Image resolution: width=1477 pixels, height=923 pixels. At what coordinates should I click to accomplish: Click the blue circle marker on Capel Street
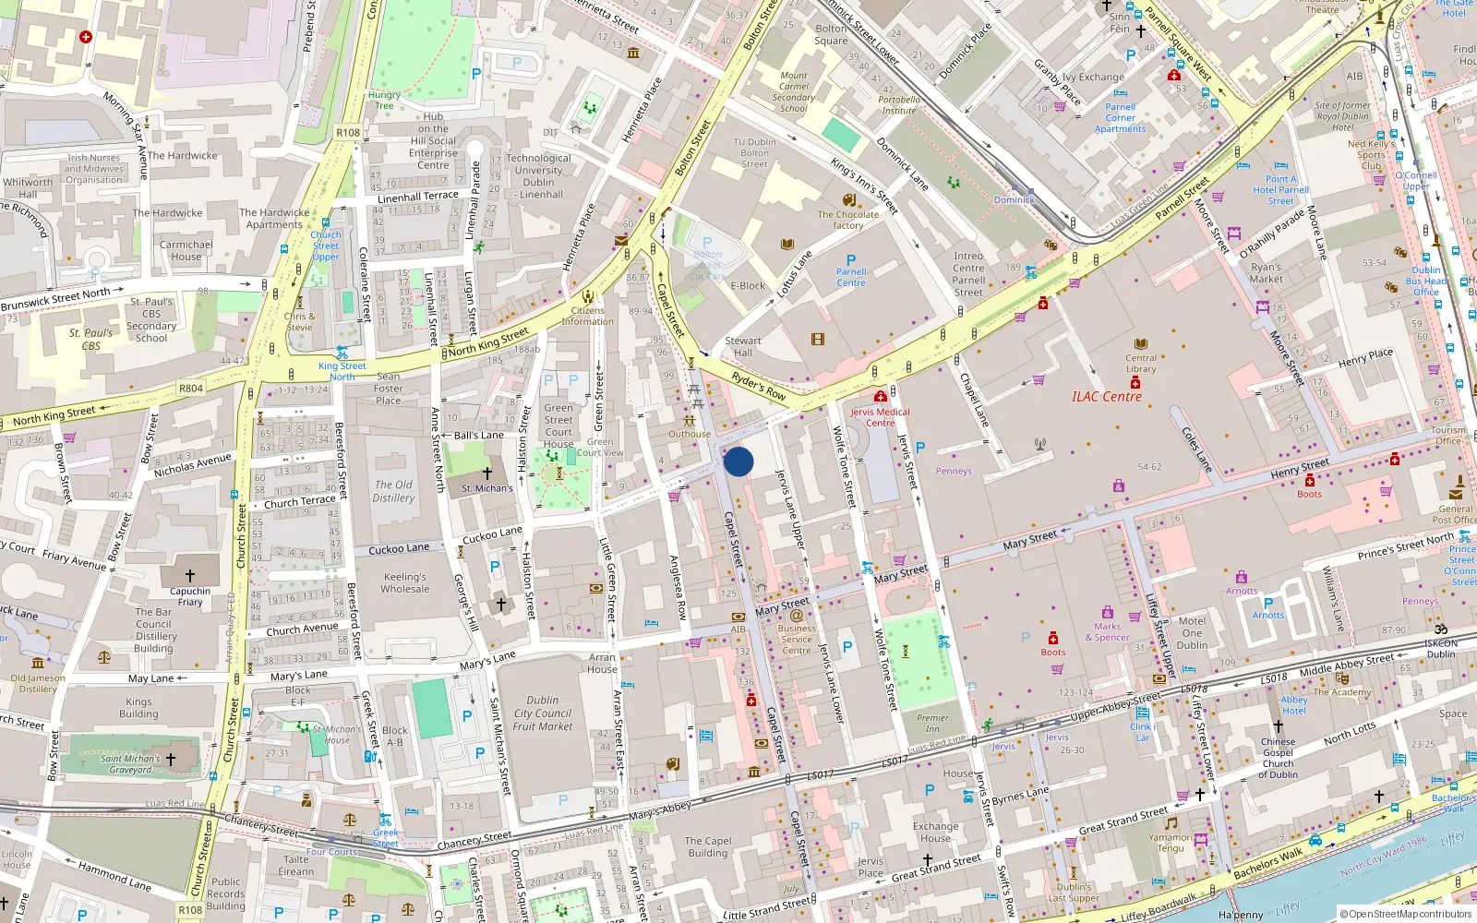738,461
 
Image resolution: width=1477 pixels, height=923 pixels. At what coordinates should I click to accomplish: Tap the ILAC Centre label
1106,397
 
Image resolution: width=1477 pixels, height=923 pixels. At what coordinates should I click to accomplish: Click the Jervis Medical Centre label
880,417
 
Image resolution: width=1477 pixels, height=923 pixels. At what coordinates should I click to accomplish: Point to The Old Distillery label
393,491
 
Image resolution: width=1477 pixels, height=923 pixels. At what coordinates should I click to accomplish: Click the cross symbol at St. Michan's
486,473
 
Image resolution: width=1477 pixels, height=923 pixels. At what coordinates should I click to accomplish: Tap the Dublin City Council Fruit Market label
543,713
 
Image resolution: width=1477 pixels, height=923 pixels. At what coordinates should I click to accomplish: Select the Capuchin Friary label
190,596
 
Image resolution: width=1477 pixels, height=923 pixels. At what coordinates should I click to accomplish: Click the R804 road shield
191,389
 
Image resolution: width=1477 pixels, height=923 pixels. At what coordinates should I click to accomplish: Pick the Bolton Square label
831,34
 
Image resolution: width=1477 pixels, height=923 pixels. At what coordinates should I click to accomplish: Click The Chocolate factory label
847,220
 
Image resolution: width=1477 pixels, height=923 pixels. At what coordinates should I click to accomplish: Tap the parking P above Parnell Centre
851,260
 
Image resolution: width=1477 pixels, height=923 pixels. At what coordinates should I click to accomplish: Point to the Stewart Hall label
743,346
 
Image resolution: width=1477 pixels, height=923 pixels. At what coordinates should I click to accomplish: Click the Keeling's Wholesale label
405,582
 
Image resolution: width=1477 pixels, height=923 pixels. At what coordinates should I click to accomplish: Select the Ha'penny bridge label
1241,915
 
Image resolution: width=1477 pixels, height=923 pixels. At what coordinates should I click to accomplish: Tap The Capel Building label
708,846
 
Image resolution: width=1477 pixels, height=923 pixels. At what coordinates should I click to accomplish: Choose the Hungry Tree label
384,100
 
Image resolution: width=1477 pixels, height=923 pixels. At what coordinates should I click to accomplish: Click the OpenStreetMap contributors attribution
1406,914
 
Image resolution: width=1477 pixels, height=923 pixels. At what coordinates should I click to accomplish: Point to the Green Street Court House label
558,426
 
